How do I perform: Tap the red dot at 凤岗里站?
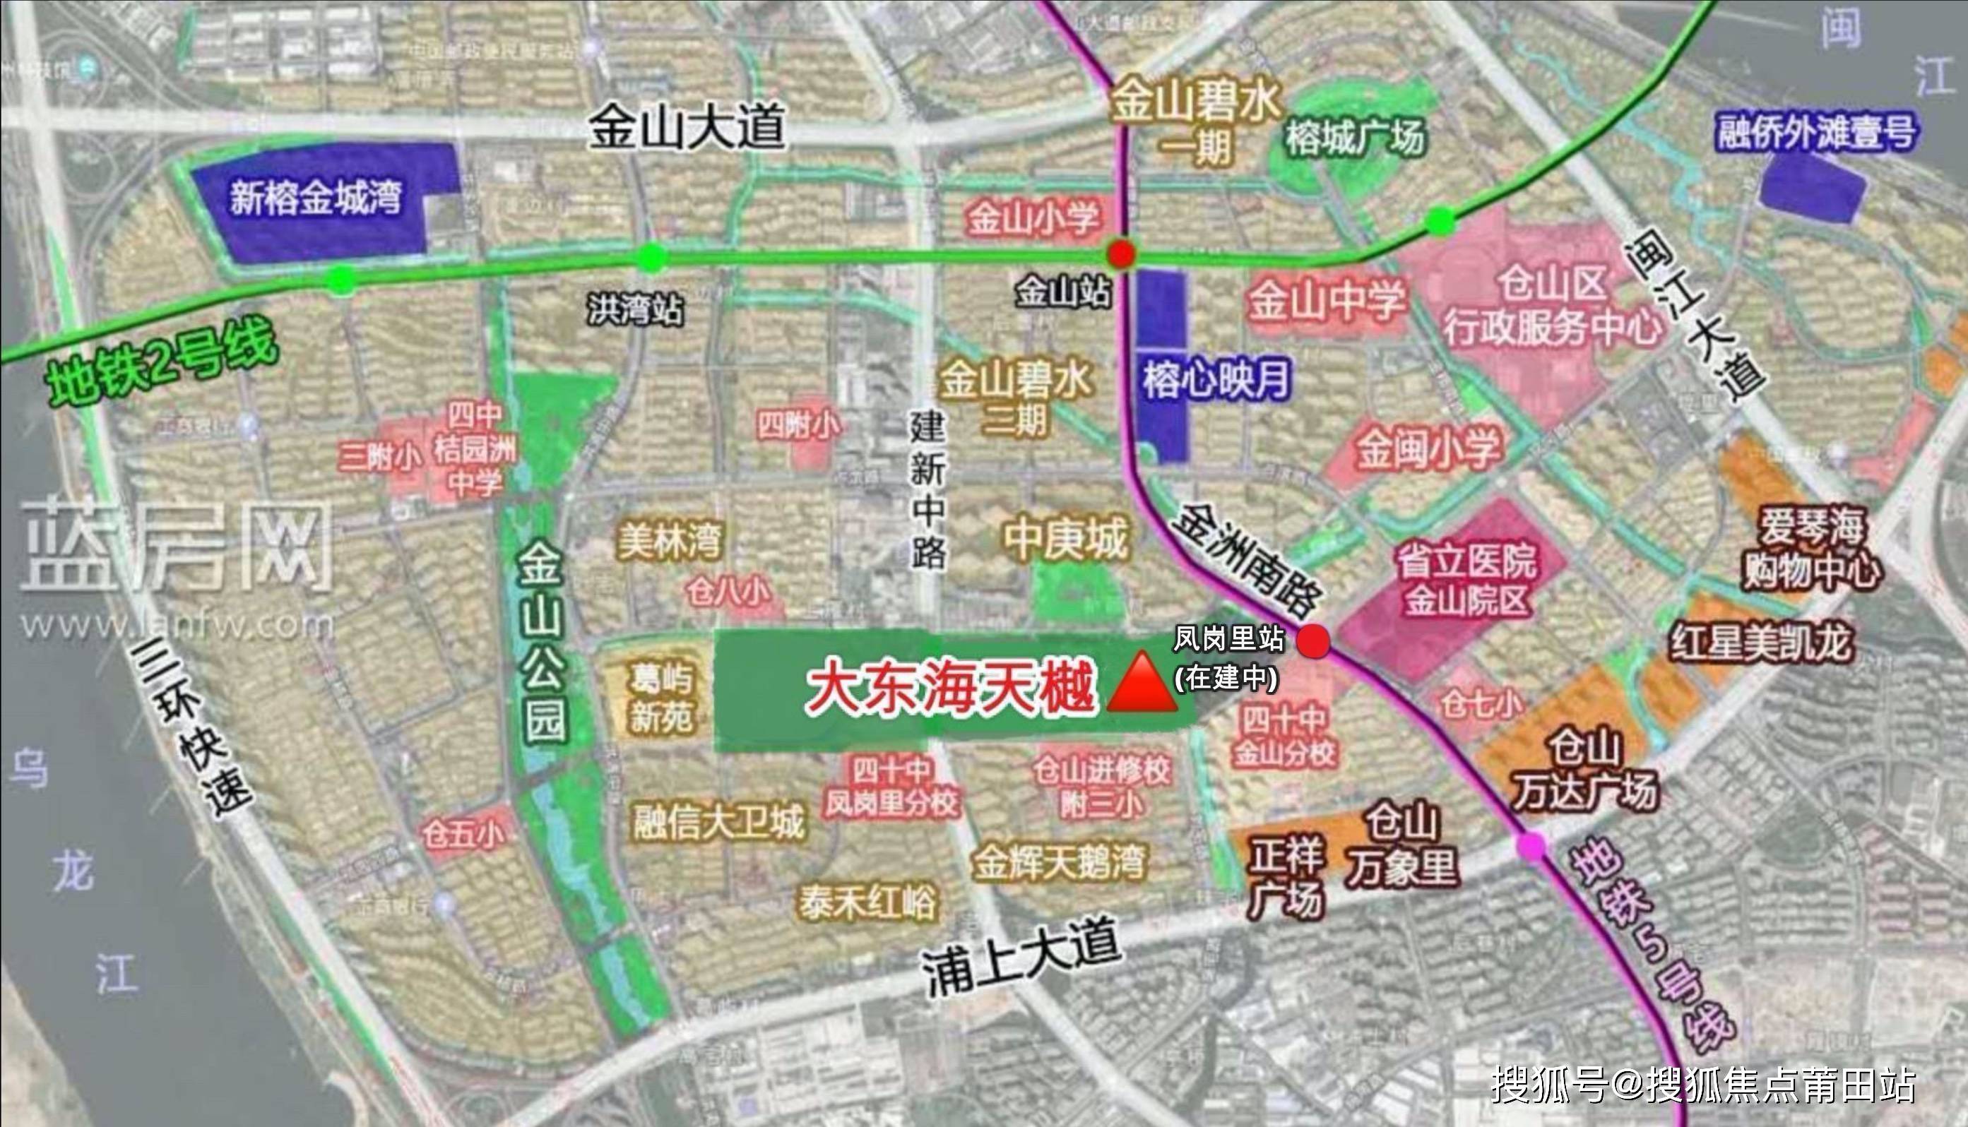(x=1313, y=641)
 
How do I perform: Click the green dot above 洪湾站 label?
(x=651, y=258)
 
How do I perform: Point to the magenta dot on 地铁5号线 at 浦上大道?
(x=1530, y=845)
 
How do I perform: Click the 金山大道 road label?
(x=687, y=128)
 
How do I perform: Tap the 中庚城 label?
(x=1067, y=539)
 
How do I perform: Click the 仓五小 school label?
(x=463, y=835)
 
